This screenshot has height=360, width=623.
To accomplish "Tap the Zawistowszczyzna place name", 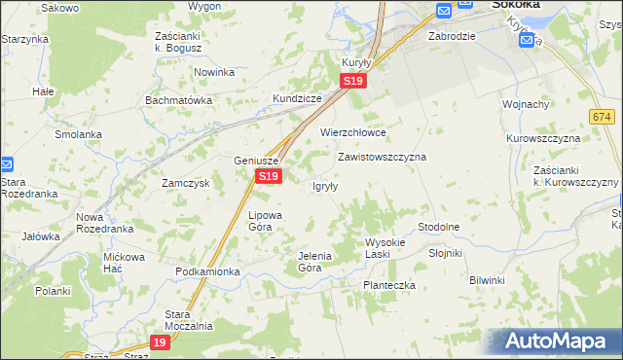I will (x=382, y=156).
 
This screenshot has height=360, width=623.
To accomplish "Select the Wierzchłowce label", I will (x=353, y=132).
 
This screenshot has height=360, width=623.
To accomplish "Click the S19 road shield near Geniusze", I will (x=269, y=176).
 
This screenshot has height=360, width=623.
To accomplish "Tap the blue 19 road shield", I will (x=161, y=342).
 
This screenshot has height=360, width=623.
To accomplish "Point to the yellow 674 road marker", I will (x=601, y=117).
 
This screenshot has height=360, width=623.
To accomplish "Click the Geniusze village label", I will (x=257, y=161).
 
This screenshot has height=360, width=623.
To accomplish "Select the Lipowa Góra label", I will (x=266, y=220).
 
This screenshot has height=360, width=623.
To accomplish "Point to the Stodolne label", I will (x=438, y=227).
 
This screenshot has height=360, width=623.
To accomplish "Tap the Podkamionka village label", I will (x=207, y=271).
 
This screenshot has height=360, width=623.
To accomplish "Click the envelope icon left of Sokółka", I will (x=444, y=10).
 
